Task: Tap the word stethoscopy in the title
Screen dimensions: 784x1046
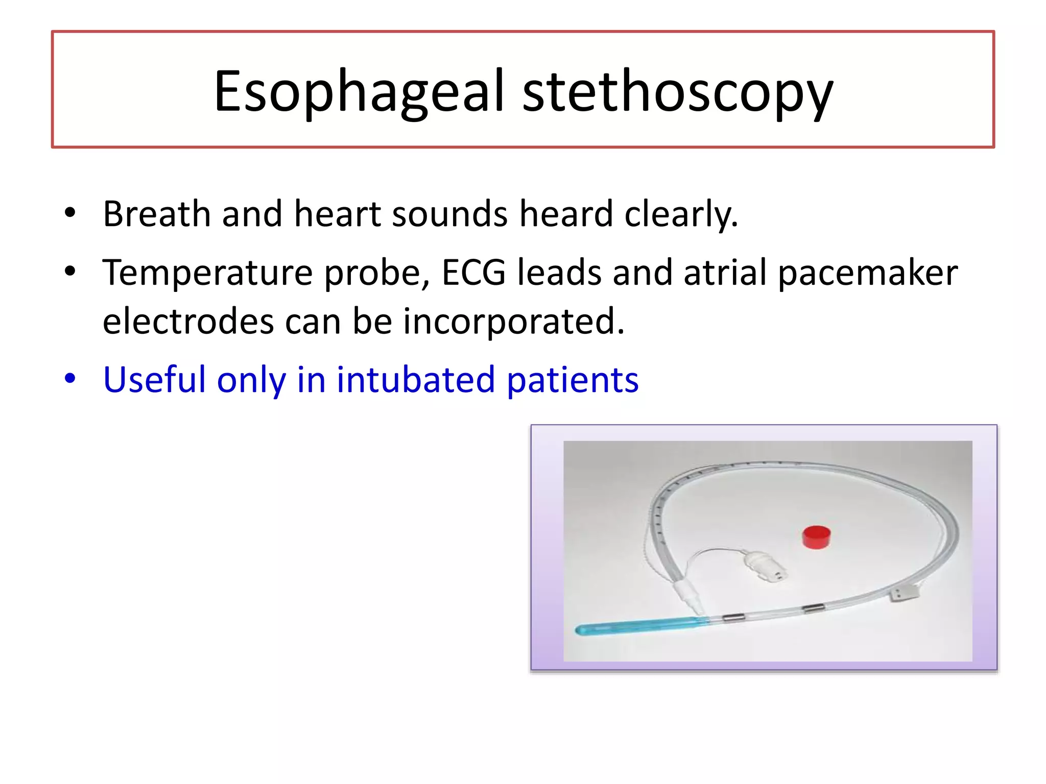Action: pyautogui.click(x=677, y=92)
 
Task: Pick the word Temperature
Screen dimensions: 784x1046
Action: pyautogui.click(x=207, y=273)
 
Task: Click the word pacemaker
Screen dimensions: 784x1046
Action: pyautogui.click(x=868, y=273)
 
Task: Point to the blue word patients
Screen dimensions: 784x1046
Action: pyautogui.click(x=573, y=381)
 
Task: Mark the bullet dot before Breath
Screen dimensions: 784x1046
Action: pyautogui.click(x=70, y=212)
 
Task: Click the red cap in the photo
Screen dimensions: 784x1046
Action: pyautogui.click(x=816, y=536)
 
